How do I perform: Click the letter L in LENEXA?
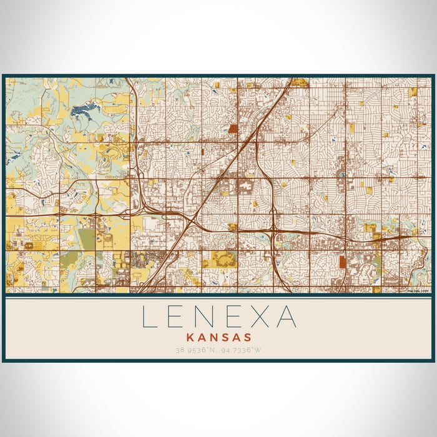tap(149, 317)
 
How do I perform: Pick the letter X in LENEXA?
tap(260, 317)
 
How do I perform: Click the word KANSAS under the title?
tap(218, 336)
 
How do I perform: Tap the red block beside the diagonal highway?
tap(233, 129)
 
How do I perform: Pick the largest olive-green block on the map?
tap(87, 238)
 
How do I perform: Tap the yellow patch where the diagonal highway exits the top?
tap(300, 82)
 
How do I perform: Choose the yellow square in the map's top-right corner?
tap(412, 92)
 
